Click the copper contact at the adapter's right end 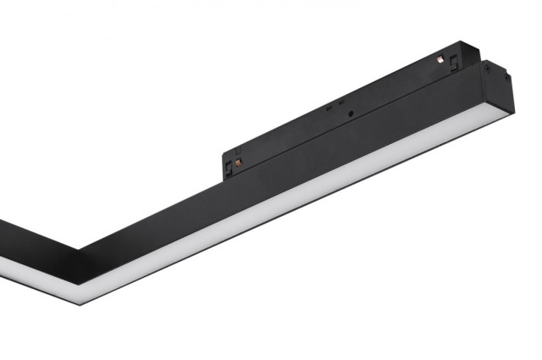point(440,58)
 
